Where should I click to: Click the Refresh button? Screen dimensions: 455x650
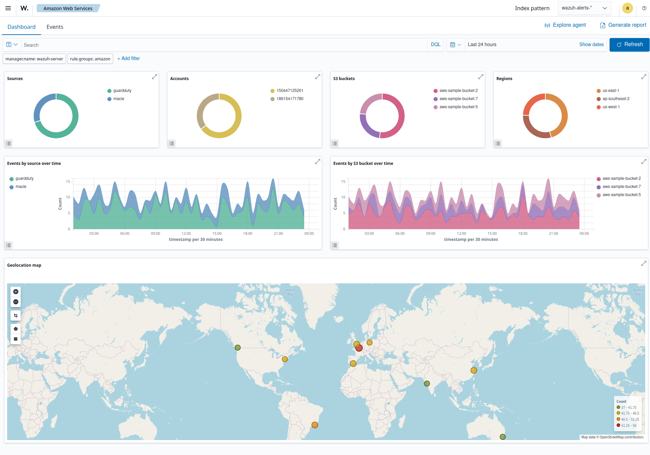tap(629, 44)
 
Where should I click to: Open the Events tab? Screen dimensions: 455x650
tap(55, 27)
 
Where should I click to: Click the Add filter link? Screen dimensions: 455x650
tap(129, 58)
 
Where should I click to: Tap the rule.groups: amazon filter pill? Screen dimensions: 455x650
tap(90, 59)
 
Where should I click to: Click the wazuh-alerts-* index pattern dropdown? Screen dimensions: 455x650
tap(584, 8)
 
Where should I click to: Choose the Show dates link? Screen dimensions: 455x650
tap(591, 44)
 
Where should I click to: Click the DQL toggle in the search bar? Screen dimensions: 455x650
tap(436, 44)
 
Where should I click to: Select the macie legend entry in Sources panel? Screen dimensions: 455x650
tap(119, 99)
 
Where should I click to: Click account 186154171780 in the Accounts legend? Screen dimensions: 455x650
tap(289, 99)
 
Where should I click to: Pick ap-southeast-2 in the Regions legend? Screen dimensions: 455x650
tap(616, 99)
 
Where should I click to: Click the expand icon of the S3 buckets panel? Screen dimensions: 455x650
tap(480, 77)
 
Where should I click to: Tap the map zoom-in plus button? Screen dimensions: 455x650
tap(16, 291)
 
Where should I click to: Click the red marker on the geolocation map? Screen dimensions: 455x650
tap(359, 348)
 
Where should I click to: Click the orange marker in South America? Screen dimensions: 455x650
tap(315, 425)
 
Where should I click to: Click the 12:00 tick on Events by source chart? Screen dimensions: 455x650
tap(186, 233)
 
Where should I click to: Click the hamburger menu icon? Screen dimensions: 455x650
tap(8, 8)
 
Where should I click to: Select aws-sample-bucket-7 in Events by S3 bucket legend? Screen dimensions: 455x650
tap(621, 187)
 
